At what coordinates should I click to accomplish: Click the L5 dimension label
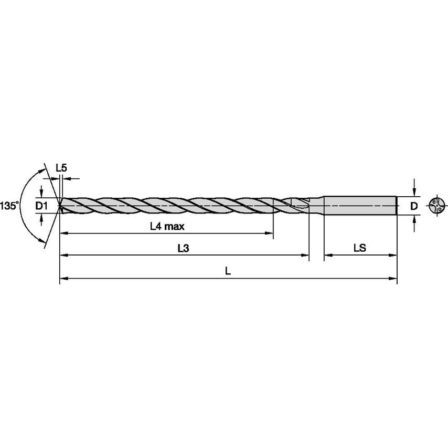61,168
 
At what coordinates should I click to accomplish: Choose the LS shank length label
359,249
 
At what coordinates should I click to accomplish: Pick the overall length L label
228,272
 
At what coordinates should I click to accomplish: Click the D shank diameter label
413,206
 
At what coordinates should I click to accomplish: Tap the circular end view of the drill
436,206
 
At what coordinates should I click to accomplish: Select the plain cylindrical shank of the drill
359,206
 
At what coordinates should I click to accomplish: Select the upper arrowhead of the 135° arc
41,171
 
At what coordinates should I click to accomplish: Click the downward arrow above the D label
414,192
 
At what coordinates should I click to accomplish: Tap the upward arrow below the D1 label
41,219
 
